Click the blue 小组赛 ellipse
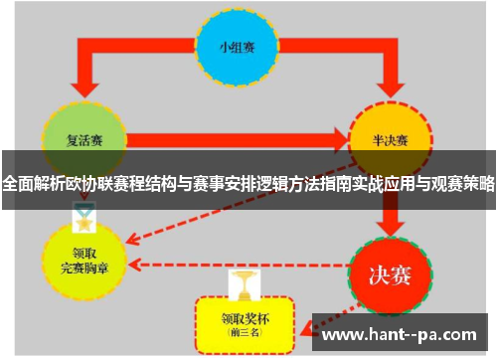click(237, 48)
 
